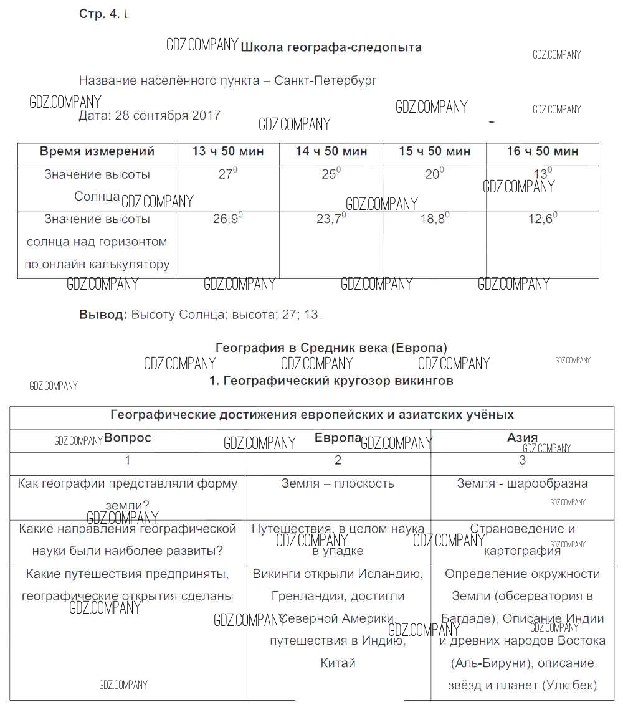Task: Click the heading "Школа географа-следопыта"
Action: [331, 47]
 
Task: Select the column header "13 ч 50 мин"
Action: [227, 151]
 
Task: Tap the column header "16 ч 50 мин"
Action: [543, 151]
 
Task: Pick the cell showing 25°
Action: [330, 174]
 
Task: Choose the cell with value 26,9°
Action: [227, 219]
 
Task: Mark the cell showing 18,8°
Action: [434, 219]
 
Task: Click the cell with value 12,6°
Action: [542, 219]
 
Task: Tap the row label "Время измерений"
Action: [97, 151]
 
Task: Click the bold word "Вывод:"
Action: [103, 315]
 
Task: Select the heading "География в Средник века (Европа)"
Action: [331, 348]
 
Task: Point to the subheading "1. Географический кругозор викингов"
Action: [331, 381]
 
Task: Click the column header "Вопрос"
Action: [128, 438]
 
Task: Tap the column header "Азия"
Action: [522, 438]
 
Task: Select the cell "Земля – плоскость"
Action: [338, 484]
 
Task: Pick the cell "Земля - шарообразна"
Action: [522, 484]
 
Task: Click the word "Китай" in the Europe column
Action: [338, 663]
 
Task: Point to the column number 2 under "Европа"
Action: [338, 461]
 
